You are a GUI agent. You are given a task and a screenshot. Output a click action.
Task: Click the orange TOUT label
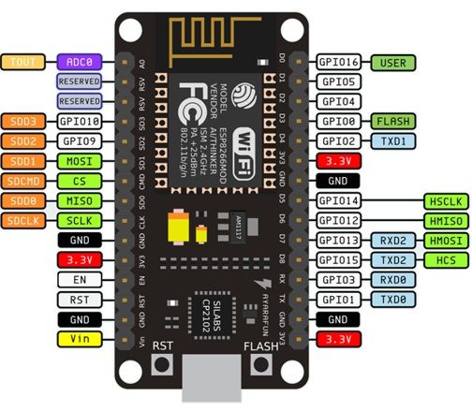(x=22, y=62)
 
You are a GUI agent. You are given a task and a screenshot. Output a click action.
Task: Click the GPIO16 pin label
(x=338, y=62)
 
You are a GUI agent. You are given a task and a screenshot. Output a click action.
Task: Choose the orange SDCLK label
(x=22, y=220)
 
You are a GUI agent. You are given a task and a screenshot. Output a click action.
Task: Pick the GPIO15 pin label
(x=338, y=259)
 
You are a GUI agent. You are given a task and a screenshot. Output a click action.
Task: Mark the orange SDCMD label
(x=22, y=180)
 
